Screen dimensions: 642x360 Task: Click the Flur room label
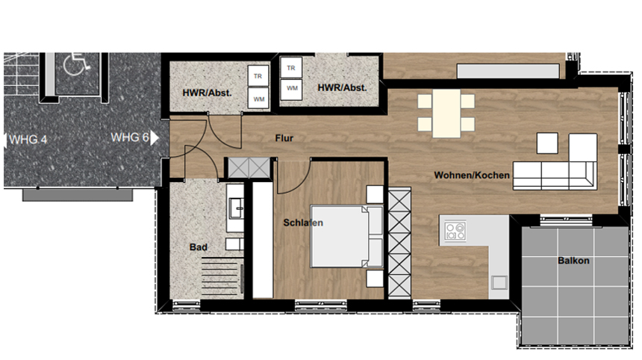pos(284,138)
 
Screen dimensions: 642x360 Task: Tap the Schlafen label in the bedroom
pos(303,223)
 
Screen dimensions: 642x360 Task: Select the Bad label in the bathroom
pos(198,247)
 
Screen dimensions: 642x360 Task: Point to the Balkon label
pos(573,261)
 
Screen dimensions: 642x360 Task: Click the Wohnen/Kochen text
pos(472,176)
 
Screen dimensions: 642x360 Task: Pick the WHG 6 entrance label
pos(129,137)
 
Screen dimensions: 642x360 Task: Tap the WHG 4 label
pos(28,140)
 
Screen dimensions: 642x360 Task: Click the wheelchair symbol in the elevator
pos(77,64)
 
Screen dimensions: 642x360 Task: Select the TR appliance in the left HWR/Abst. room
pos(258,75)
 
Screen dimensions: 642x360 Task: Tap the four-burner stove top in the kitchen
pos(455,231)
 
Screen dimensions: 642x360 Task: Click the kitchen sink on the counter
pos(499,282)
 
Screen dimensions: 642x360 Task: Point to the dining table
pos(446,114)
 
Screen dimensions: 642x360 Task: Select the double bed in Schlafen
pos(347,236)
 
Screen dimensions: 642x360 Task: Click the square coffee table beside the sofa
pos(547,143)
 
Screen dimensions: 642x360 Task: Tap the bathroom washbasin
pos(236,208)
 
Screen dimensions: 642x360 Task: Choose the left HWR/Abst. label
pos(208,93)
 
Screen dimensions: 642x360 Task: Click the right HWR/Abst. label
pos(343,87)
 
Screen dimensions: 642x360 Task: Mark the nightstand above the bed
pos(375,194)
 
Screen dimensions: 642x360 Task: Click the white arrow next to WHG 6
pos(154,138)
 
